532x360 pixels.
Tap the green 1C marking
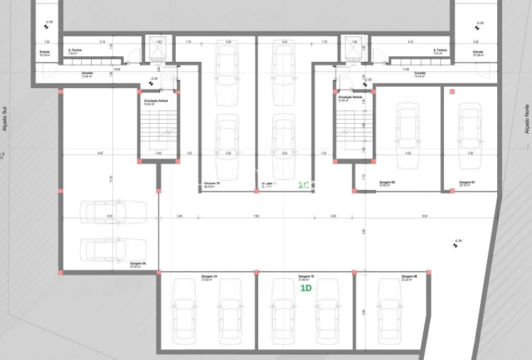point(302,186)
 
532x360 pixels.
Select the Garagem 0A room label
point(138,263)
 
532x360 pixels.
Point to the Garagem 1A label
point(209,276)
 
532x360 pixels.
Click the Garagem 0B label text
point(408,276)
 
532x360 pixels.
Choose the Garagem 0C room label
point(467,182)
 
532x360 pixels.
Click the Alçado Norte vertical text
point(527,117)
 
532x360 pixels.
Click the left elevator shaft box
point(158,49)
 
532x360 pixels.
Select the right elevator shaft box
point(354,49)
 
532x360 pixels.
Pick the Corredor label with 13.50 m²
point(87,74)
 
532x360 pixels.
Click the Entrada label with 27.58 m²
point(477,53)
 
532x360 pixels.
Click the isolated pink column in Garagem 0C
point(452,91)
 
